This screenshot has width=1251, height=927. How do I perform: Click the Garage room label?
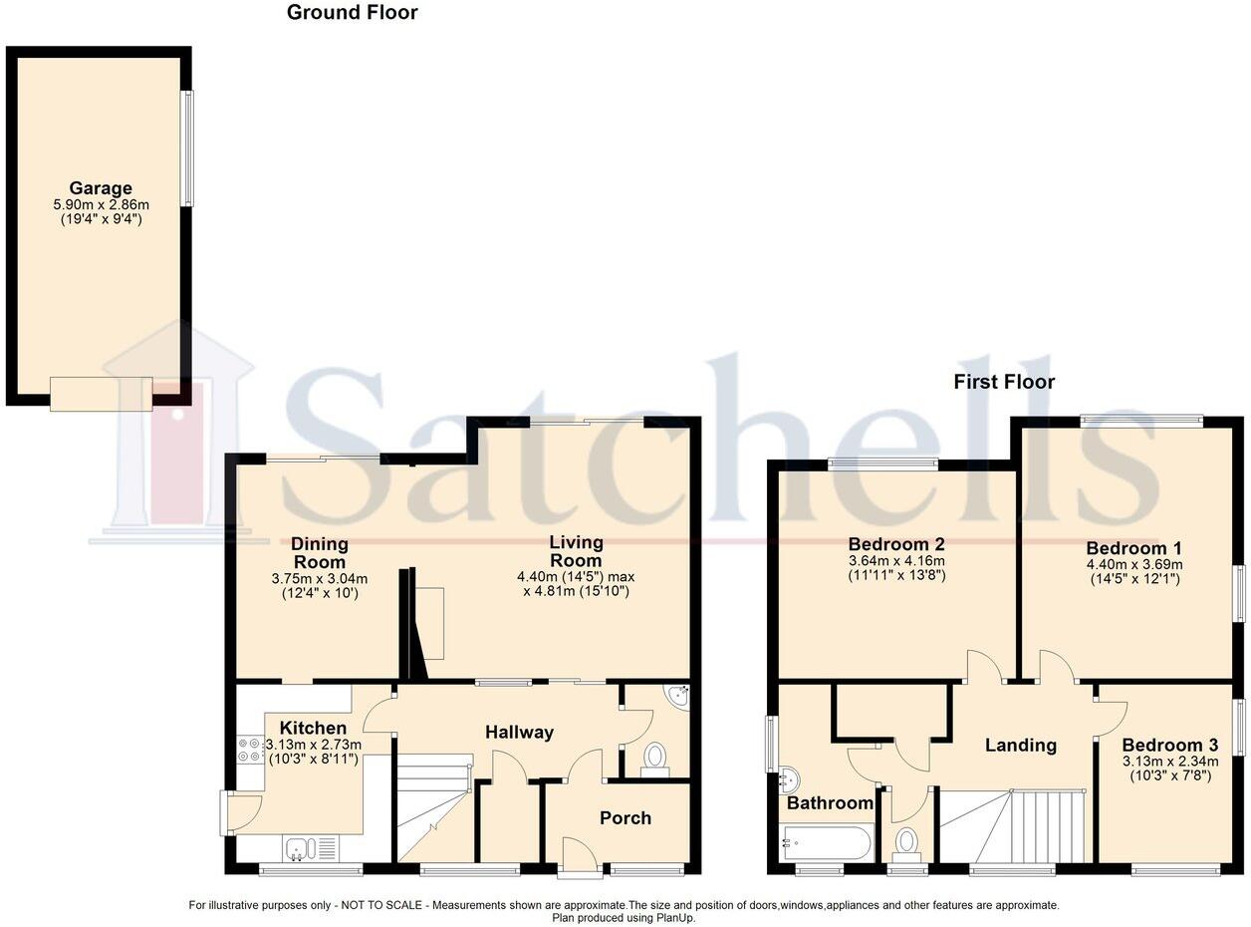click(x=100, y=188)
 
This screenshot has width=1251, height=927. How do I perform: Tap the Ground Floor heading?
click(x=352, y=13)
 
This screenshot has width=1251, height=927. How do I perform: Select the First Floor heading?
click(x=1003, y=382)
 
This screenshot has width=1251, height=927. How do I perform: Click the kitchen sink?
click(x=300, y=849)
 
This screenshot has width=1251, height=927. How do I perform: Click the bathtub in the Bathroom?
click(x=828, y=842)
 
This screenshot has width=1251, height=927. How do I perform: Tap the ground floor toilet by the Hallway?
click(x=654, y=758)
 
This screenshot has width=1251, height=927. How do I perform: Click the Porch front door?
click(x=579, y=858)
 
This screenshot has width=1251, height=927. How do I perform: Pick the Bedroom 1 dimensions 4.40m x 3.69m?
click(x=1133, y=564)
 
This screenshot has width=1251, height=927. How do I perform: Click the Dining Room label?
click(x=319, y=552)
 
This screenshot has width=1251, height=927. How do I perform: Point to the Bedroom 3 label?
click(x=1169, y=745)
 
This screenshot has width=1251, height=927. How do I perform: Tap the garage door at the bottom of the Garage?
click(x=101, y=394)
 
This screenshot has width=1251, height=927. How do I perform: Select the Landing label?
click(x=1020, y=745)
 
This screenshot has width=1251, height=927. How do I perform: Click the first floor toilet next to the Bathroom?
click(x=906, y=843)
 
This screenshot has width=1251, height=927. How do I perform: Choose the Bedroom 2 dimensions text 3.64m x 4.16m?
click(x=896, y=561)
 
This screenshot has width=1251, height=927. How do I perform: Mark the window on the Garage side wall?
click(x=186, y=150)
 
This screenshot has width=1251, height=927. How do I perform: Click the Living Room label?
click(x=576, y=551)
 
